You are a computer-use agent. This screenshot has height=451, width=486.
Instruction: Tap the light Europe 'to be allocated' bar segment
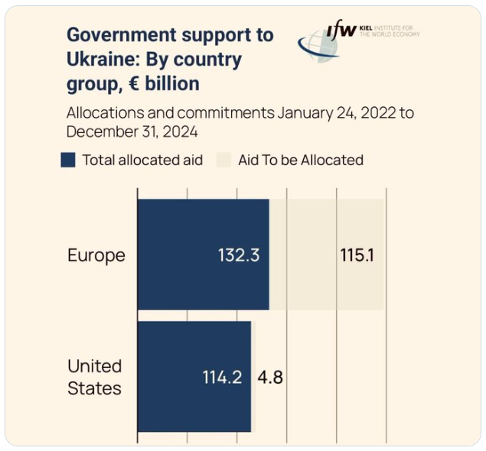[306, 255]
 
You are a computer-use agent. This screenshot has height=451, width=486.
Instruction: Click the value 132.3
[238, 255]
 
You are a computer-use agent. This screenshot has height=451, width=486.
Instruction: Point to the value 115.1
[357, 255]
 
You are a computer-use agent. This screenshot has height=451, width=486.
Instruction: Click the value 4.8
[271, 377]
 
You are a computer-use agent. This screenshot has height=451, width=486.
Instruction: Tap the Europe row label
[96, 255]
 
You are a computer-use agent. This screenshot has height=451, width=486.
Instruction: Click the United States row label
[94, 377]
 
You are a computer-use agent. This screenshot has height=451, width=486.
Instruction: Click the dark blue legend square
[68, 160]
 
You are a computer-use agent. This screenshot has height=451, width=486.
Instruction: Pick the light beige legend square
[223, 160]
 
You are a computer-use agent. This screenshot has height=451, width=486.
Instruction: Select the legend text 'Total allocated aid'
[143, 160]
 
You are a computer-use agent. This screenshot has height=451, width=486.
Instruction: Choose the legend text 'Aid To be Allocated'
[300, 160]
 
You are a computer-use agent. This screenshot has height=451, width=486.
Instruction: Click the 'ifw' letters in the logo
[341, 31]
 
